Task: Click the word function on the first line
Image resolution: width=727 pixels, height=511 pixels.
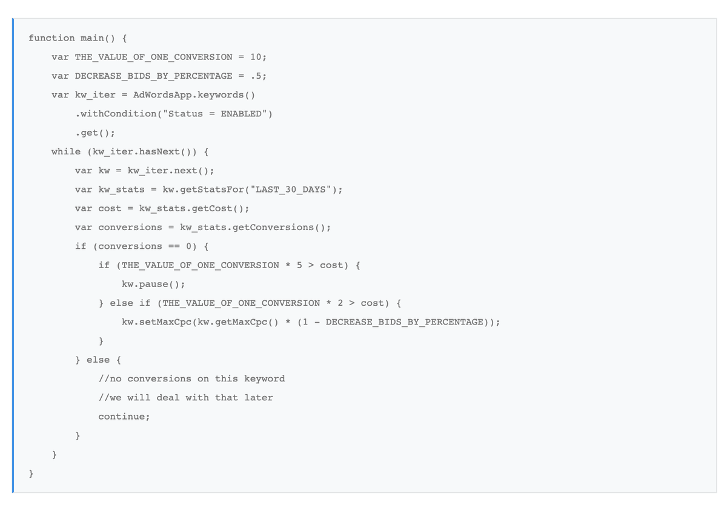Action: (x=51, y=38)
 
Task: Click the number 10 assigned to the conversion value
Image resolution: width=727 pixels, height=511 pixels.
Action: (x=255, y=57)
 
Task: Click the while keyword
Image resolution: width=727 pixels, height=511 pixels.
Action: (x=65, y=151)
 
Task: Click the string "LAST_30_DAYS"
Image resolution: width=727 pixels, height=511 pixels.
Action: (x=293, y=190)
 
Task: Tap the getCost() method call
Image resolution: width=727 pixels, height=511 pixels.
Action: (x=217, y=208)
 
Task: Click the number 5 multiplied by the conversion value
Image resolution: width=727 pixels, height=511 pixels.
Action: (x=299, y=265)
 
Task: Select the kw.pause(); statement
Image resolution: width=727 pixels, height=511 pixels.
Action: (x=153, y=284)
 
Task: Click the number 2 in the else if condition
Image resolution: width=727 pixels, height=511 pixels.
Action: (x=340, y=303)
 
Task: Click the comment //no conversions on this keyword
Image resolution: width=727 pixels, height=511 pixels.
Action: (x=191, y=379)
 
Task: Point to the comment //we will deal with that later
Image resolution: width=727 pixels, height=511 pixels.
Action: (x=185, y=398)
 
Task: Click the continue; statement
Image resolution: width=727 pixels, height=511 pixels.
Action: (x=124, y=417)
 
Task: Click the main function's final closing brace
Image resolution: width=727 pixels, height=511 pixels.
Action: (x=31, y=473)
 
